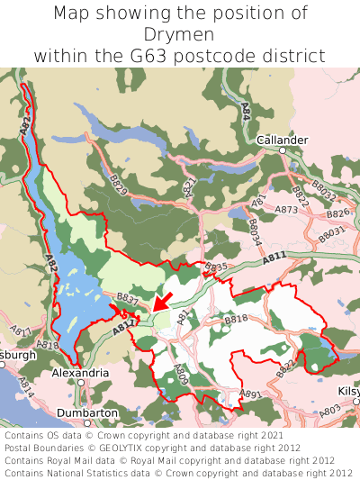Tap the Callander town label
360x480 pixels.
click(x=282, y=140)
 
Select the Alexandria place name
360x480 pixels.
click(x=80, y=372)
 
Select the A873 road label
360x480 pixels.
click(x=286, y=210)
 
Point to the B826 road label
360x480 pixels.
click(x=337, y=213)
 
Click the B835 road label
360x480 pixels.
click(x=216, y=267)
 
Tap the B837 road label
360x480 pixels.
click(x=127, y=298)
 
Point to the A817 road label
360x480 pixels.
click(x=20, y=333)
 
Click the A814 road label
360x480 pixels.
click(x=25, y=389)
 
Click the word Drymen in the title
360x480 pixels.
click(x=179, y=34)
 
